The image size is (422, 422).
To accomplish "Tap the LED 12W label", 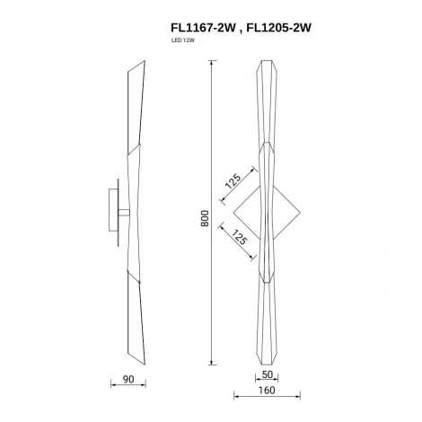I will coord(182,42).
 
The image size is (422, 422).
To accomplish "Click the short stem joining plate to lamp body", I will coord(122,213).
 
